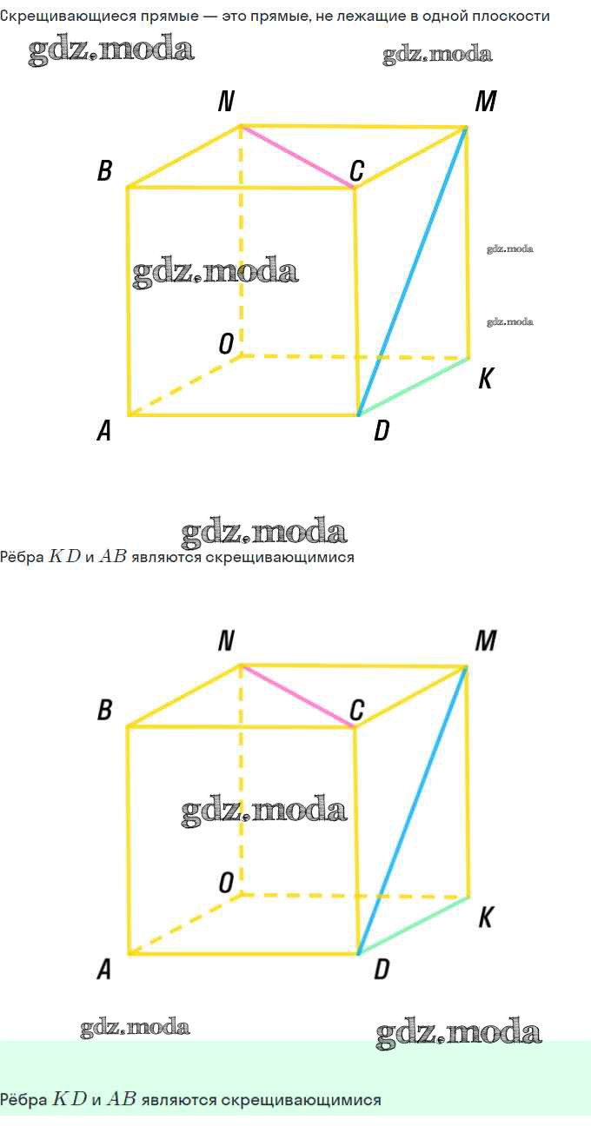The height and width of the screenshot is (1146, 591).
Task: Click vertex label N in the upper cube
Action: click(226, 101)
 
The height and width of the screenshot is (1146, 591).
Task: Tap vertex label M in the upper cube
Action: click(486, 101)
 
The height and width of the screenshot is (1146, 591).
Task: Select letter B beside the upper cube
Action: click(104, 170)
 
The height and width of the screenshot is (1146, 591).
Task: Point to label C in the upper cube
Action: click(356, 170)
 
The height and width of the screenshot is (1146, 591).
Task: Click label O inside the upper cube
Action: click(226, 343)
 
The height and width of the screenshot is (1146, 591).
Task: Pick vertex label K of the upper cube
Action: click(486, 379)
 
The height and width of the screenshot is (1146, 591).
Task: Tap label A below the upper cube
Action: click(104, 430)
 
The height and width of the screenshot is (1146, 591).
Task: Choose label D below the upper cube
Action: click(382, 430)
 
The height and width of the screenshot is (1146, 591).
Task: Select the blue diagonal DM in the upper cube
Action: click(413, 271)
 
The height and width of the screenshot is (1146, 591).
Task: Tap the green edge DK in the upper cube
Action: click(414, 387)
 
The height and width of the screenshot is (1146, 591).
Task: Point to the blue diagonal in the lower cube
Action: click(413, 811)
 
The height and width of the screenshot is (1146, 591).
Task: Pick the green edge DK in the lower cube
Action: click(414, 925)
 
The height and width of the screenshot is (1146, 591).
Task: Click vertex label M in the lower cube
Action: click(486, 640)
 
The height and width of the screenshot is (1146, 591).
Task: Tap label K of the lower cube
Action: click(486, 917)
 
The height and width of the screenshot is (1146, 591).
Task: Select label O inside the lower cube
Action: click(226, 883)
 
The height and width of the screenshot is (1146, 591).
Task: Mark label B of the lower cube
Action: click(104, 710)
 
